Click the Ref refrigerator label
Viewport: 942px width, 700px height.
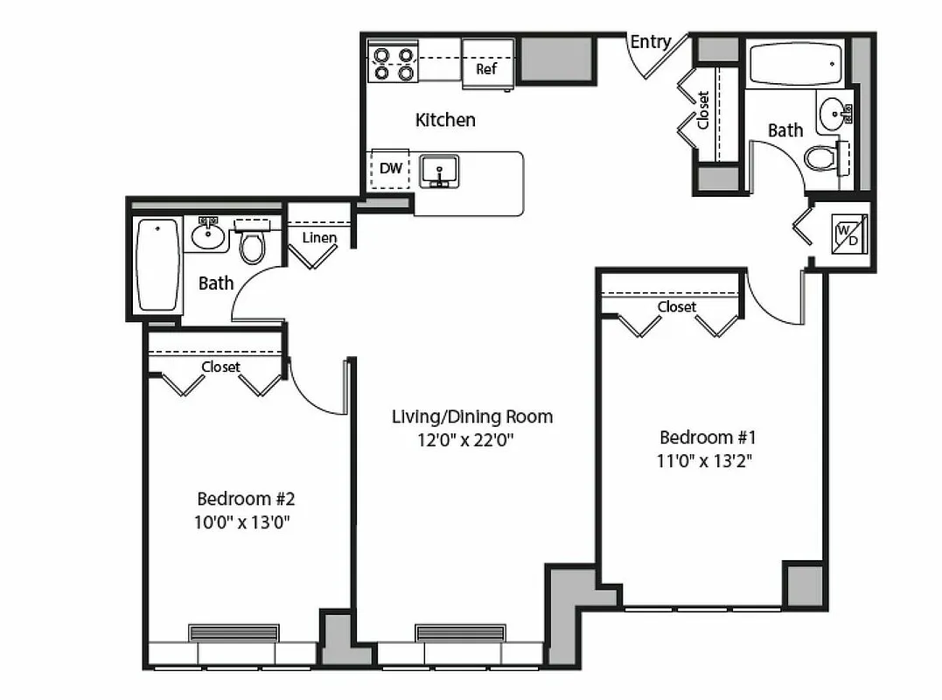click(x=486, y=68)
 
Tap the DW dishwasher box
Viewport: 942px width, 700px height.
click(x=390, y=168)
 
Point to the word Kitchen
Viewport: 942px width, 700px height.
click(x=445, y=120)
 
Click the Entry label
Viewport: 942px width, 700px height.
click(x=651, y=41)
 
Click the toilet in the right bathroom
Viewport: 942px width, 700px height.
click(x=822, y=158)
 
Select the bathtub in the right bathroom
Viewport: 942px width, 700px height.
click(x=796, y=64)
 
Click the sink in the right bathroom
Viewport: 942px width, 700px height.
click(x=833, y=112)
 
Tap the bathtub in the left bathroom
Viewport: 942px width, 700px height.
click(x=158, y=264)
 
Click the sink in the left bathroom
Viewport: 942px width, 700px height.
click(x=207, y=234)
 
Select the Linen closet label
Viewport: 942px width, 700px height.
click(x=319, y=238)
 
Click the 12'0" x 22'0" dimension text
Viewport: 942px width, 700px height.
click(x=464, y=440)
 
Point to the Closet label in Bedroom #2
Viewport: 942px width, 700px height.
click(x=220, y=367)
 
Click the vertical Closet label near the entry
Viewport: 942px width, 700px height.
click(x=704, y=109)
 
